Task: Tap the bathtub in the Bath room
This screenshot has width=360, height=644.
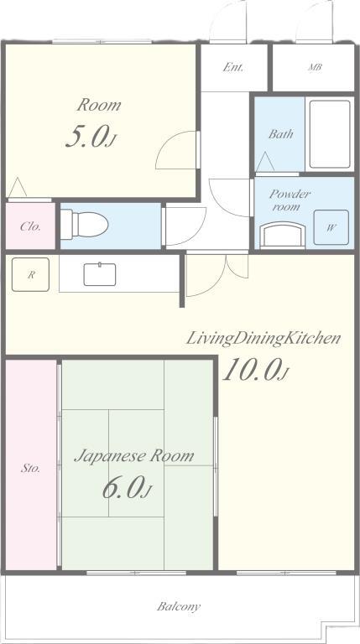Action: tap(330, 135)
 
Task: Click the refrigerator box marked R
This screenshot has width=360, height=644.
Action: tap(30, 274)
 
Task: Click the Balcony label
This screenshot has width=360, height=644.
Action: tap(179, 605)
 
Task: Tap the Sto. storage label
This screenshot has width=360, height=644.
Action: tap(30, 468)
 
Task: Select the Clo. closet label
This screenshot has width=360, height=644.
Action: tap(30, 226)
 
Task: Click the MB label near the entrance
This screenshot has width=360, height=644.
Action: tap(315, 67)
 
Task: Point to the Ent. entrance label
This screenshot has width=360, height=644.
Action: tap(232, 67)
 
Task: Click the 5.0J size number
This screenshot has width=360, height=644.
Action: tap(89, 138)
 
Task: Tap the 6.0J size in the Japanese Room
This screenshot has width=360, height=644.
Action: tap(127, 489)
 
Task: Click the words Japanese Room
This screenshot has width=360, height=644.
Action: tap(133, 456)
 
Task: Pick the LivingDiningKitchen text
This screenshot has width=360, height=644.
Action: tap(263, 338)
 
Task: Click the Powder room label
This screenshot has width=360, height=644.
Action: tap(289, 200)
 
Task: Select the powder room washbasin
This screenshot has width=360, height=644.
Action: tap(281, 235)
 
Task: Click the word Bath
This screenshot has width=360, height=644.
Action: tap(280, 134)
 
